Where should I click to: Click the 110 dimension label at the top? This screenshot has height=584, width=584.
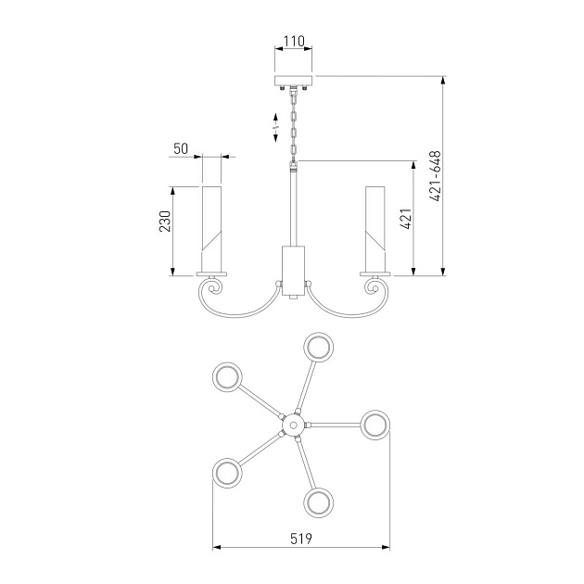pos(294,42)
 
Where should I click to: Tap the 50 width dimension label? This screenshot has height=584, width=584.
pos(181,147)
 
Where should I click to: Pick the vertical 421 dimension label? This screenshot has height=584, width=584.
pos(404,219)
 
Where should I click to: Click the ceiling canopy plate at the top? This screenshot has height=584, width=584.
pos(294,80)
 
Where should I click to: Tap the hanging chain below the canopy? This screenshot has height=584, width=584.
pos(295,125)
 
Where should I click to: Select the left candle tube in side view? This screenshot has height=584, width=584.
pos(212,228)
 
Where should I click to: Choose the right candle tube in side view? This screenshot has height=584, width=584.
pos(375,228)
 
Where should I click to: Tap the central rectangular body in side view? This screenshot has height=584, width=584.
pos(293,270)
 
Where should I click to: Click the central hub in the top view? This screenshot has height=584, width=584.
pos(293,425)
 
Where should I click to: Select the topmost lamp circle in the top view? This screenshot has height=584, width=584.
pos(320,349)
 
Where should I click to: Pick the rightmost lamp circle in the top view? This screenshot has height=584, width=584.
pos(375,425)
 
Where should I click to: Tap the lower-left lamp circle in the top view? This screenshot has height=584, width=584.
pos(228,473)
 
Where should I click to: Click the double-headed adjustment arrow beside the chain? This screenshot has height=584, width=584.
pos(276,127)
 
